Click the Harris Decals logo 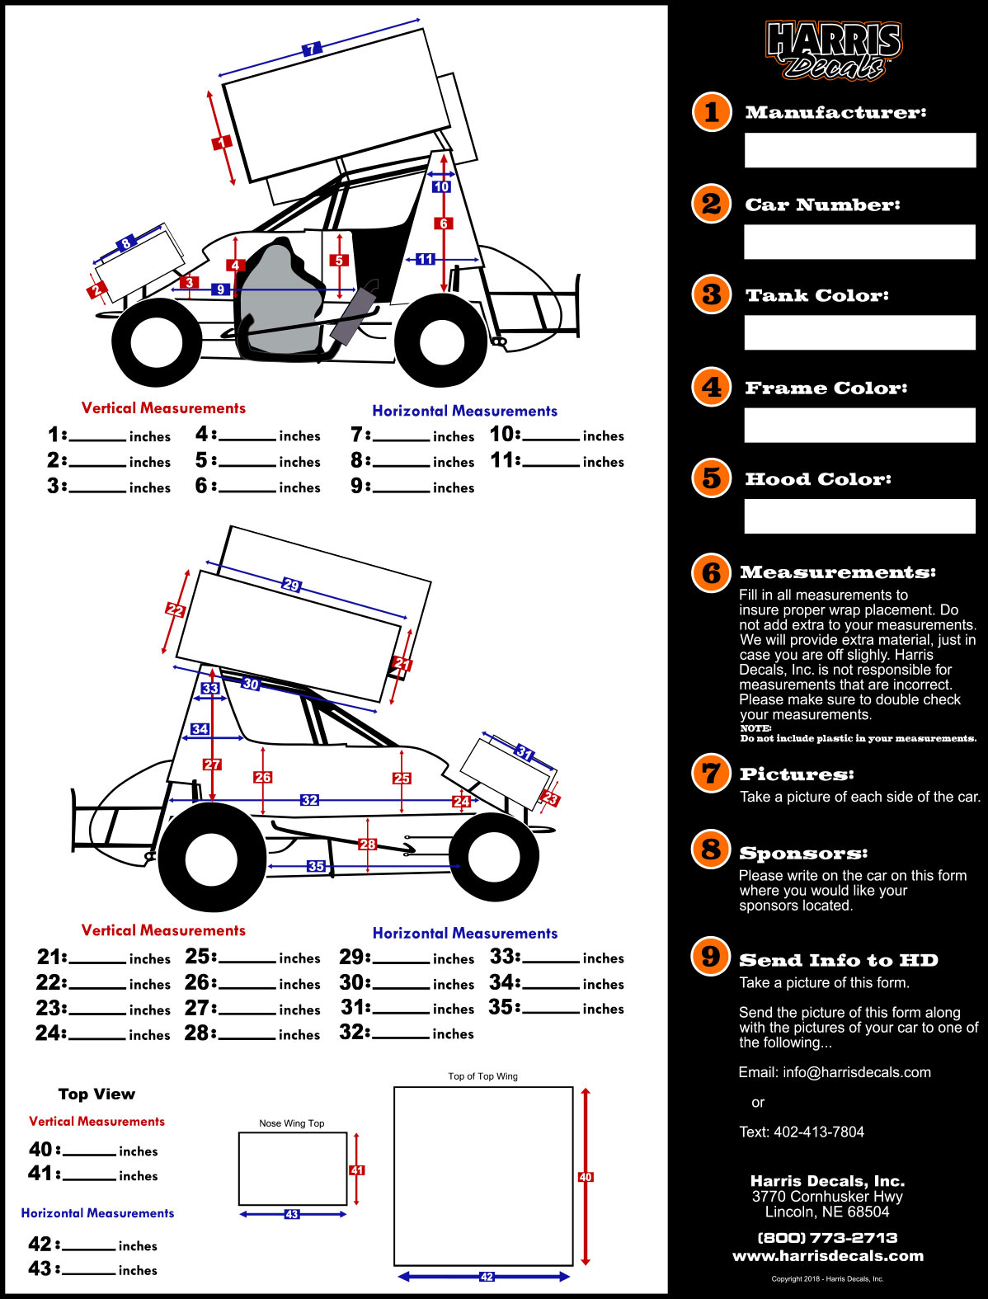[833, 49]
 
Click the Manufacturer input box [859, 150]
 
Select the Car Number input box [859, 242]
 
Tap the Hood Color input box [859, 516]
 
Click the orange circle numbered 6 [712, 572]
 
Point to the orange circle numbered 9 [711, 957]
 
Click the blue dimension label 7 [311, 49]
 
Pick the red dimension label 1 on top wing [222, 143]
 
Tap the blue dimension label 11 [426, 259]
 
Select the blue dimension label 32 [309, 800]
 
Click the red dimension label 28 [367, 844]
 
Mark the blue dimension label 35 [316, 866]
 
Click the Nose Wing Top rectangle [293, 1169]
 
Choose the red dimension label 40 [586, 1177]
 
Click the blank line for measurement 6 [247, 492]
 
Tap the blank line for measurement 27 [247, 1014]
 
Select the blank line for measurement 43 [89, 1273]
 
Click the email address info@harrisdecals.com [857, 1072]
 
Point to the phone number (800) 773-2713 [828, 1237]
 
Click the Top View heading [97, 1094]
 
